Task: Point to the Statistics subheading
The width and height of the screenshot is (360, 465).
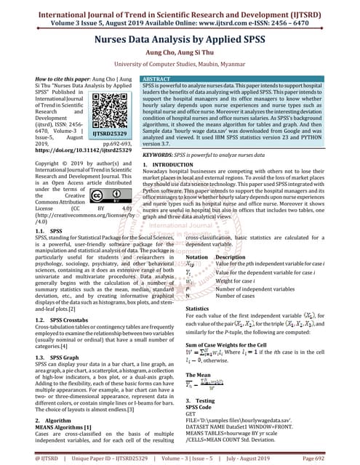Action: [198, 308]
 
